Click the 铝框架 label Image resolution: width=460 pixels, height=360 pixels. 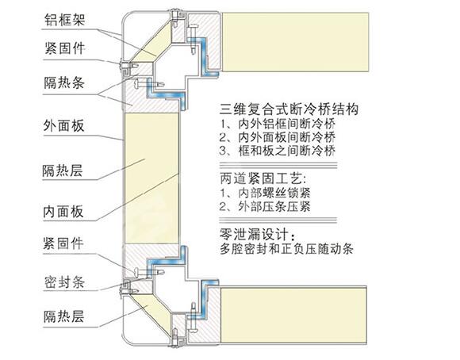coord(64,20)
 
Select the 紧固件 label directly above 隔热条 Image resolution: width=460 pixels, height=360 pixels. coord(64,48)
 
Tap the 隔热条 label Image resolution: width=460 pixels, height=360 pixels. coord(64,82)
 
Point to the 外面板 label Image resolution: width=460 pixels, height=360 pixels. coord(63,125)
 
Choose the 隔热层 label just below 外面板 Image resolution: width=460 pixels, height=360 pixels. coord(63,170)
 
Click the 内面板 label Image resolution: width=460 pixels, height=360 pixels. coord(63,211)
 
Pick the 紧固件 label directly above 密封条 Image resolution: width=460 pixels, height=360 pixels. coord(63,243)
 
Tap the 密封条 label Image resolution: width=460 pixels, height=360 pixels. coord(64,282)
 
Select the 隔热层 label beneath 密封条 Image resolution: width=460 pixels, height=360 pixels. coord(63,316)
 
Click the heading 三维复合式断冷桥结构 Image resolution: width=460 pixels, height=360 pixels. coord(289,109)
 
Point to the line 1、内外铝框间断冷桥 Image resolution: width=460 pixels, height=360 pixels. coord(278,124)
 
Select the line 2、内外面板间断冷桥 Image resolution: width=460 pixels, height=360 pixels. coord(278,137)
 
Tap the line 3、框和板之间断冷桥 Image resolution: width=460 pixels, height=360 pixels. coord(278,151)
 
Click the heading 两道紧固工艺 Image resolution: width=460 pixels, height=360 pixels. coord(263,178)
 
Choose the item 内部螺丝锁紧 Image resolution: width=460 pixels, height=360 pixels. coord(265,193)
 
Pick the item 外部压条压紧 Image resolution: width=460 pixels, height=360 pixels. coord(265,206)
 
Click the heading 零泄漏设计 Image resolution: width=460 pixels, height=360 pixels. coord(259,235)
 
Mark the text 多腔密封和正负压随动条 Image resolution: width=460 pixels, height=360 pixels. coord(286,249)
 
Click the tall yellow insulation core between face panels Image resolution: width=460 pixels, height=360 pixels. coord(152,178)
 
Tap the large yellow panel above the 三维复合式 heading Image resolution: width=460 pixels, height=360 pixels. coord(295,42)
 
